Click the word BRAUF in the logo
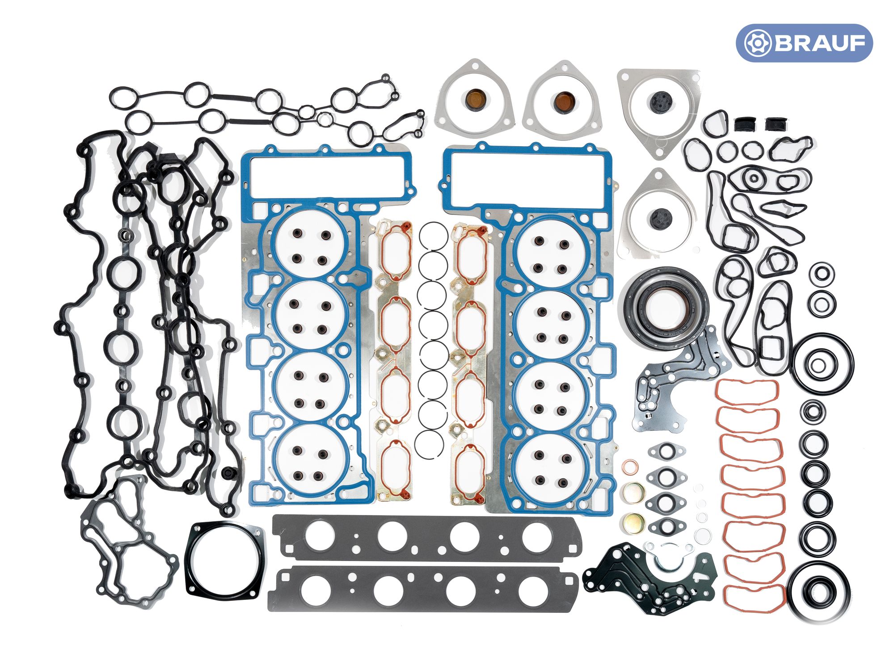coord(820,43)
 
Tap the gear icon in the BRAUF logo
coord(757,43)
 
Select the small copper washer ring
coord(631,467)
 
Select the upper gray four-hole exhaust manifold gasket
coord(427,537)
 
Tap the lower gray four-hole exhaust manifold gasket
coord(422,588)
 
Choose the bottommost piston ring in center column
coord(429,443)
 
